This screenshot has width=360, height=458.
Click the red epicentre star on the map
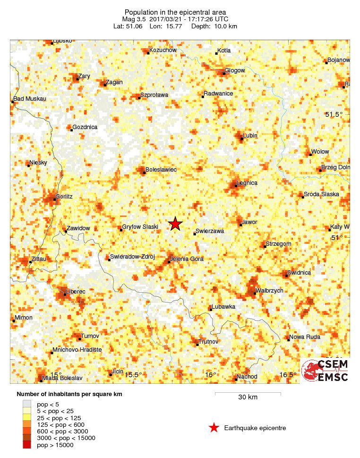pyautogui.click(x=175, y=224)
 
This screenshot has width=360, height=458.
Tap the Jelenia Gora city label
pyautogui.click(x=187, y=259)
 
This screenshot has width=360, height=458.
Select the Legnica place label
pyautogui.click(x=247, y=182)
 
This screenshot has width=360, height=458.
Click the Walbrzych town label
pyautogui.click(x=269, y=291)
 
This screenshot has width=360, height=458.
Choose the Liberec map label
pyautogui.click(x=76, y=292)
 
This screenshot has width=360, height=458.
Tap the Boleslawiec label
pyautogui.click(x=161, y=169)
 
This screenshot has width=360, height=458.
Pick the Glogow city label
pyautogui.click(x=235, y=70)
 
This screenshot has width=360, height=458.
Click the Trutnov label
pyautogui.click(x=209, y=341)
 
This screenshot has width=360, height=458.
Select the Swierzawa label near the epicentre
pyautogui.click(x=210, y=231)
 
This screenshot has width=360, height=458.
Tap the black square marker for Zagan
pyautogui.click(x=105, y=86)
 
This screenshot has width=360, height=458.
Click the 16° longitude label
pyautogui.click(x=210, y=375)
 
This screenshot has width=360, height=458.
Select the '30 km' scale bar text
pyautogui.click(x=248, y=398)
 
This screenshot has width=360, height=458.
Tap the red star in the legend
pyautogui.click(x=214, y=428)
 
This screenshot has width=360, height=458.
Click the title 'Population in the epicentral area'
pyautogui.click(x=175, y=12)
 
